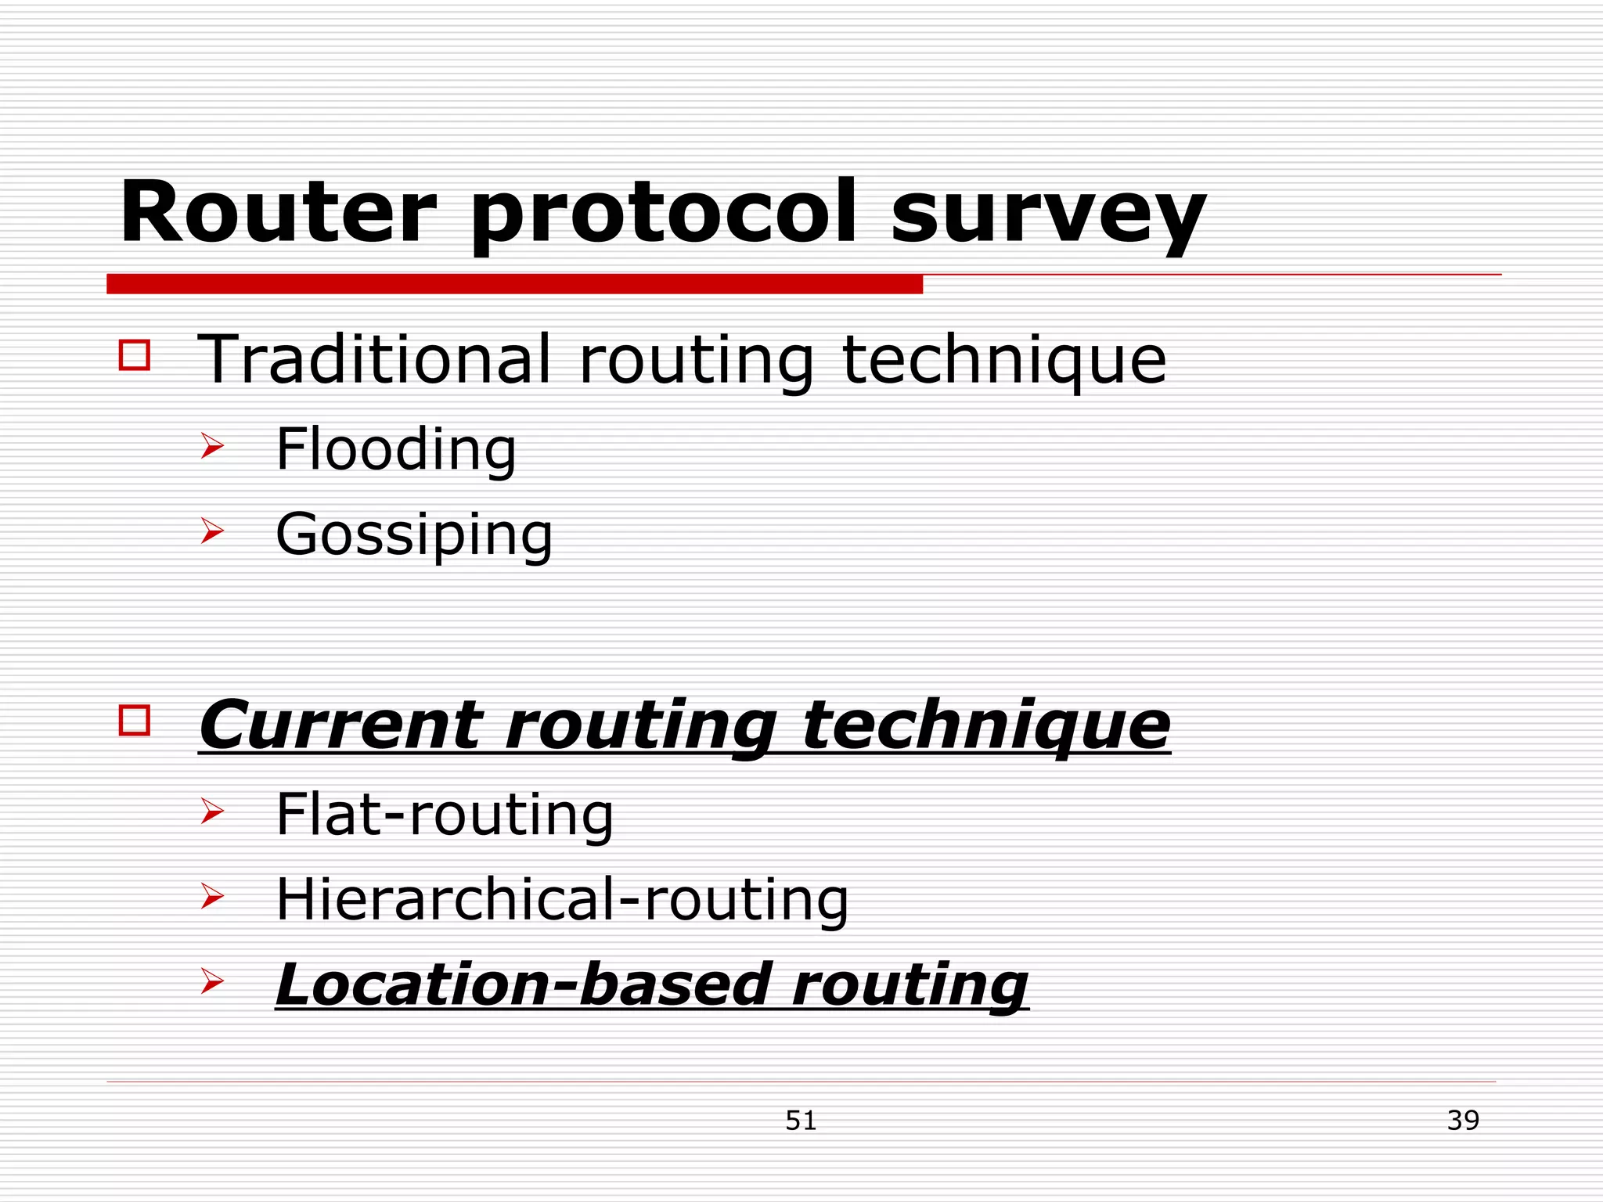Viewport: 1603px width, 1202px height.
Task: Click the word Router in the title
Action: pos(278,213)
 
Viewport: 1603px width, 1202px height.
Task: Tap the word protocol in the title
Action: pos(663,213)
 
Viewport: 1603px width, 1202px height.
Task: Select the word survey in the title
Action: pos(1048,213)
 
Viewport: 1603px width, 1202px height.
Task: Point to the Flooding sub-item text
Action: pos(396,449)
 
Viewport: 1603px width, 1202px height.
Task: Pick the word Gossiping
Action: pos(414,535)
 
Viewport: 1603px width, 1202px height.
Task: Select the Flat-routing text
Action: pos(445,815)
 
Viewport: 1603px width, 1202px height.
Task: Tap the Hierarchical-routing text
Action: pos(562,900)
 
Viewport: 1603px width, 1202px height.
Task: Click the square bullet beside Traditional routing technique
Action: pos(135,354)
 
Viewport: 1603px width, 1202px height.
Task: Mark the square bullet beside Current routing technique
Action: pos(135,720)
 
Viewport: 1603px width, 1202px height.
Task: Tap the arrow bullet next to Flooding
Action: pos(212,446)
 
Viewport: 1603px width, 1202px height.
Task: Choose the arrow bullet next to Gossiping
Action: pos(212,531)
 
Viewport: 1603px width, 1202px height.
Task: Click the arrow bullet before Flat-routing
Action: pos(212,811)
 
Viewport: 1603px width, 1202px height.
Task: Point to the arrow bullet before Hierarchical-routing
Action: pos(212,896)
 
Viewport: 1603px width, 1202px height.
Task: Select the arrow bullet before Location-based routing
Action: pos(212,981)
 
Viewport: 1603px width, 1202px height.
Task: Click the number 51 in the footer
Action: pos(801,1121)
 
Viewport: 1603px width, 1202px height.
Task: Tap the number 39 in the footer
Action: pos(1463,1121)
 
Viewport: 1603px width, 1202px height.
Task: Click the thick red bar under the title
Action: pos(514,284)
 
